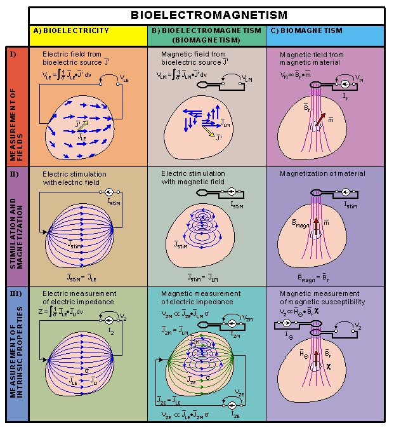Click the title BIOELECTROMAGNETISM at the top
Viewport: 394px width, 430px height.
pos(209,15)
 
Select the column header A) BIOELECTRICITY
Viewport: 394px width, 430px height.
pos(70,30)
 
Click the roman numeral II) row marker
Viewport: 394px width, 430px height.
pos(14,172)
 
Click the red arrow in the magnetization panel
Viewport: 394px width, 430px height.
pos(317,226)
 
